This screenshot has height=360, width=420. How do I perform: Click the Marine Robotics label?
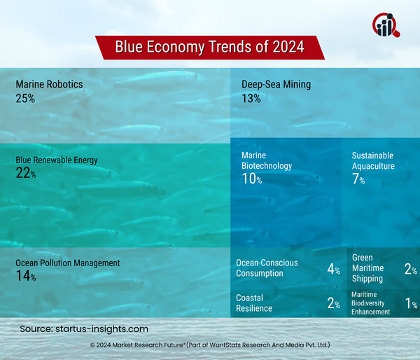pyautogui.click(x=49, y=85)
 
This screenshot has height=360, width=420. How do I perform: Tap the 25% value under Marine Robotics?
pyautogui.click(x=25, y=99)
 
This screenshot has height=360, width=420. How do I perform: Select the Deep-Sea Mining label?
pyautogui.click(x=276, y=85)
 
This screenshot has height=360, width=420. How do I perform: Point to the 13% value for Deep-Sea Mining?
pyautogui.click(x=251, y=99)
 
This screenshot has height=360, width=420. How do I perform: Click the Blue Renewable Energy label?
pyautogui.click(x=57, y=160)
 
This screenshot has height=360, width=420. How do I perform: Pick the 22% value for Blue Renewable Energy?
pyautogui.click(x=25, y=174)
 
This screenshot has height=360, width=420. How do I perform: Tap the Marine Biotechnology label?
pyautogui.click(x=267, y=160)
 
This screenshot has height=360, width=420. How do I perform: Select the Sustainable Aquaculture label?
pyautogui.click(x=373, y=160)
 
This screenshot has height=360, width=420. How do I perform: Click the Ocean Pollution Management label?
pyautogui.click(x=68, y=263)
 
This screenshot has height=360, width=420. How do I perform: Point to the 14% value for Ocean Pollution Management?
pyautogui.click(x=25, y=277)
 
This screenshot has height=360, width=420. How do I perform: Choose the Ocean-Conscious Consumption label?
pyautogui.click(x=267, y=268)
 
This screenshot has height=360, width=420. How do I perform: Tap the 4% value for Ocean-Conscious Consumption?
pyautogui.click(x=333, y=269)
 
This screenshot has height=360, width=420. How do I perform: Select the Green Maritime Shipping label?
pyautogui.click(x=367, y=268)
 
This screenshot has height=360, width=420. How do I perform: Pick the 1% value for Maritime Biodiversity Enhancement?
pyautogui.click(x=411, y=303)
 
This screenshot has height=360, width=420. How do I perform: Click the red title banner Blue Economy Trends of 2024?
pyautogui.click(x=209, y=47)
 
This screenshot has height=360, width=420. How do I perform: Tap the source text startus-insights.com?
pyautogui.click(x=84, y=328)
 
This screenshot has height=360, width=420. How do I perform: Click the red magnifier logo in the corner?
pyautogui.click(x=386, y=25)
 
